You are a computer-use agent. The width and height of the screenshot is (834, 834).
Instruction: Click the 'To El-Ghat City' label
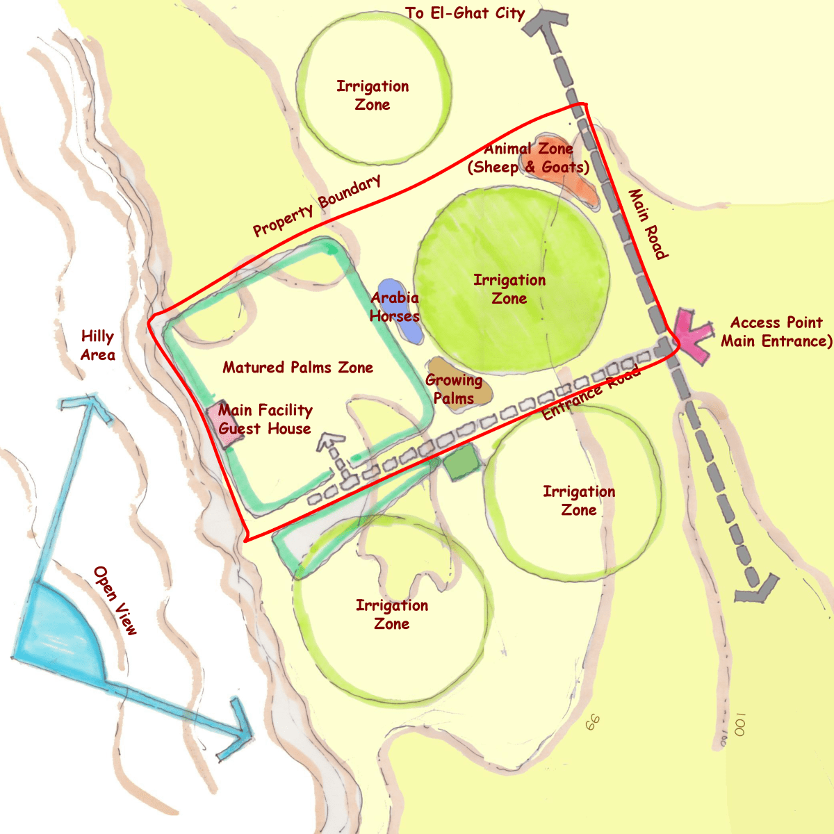(x=465, y=13)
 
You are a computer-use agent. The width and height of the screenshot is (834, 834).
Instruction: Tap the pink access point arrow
(x=691, y=332)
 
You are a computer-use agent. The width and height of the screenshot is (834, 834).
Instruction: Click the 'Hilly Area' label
(x=97, y=345)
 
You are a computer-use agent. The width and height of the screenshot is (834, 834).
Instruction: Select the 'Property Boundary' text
(x=317, y=206)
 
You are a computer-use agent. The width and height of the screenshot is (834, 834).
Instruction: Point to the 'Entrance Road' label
(x=591, y=394)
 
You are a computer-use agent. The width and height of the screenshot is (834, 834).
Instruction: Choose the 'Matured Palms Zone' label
(x=297, y=367)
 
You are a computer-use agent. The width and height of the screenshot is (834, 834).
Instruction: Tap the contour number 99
(x=592, y=723)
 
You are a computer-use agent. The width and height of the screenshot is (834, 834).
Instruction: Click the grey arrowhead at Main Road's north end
(x=545, y=21)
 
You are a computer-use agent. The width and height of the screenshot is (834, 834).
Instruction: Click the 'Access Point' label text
(x=776, y=322)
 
